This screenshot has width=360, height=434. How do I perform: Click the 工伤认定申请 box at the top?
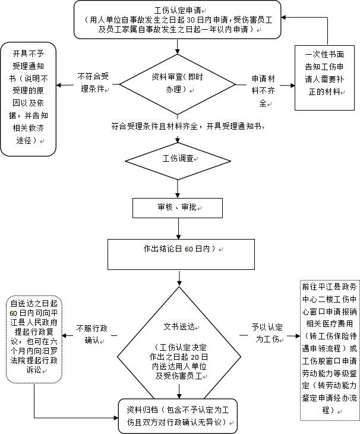(x=178, y=20)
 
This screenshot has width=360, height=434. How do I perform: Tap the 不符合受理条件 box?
(x=93, y=84)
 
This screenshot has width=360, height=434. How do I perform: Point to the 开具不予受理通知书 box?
(x=28, y=98)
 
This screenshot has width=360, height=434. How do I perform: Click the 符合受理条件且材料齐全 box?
(x=187, y=127)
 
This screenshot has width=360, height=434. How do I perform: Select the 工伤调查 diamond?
(x=179, y=160)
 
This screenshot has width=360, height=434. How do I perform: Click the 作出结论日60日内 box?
(x=181, y=254)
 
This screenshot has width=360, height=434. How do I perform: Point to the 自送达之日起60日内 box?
(x=29, y=336)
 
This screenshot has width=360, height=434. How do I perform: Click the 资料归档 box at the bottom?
(x=178, y=416)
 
